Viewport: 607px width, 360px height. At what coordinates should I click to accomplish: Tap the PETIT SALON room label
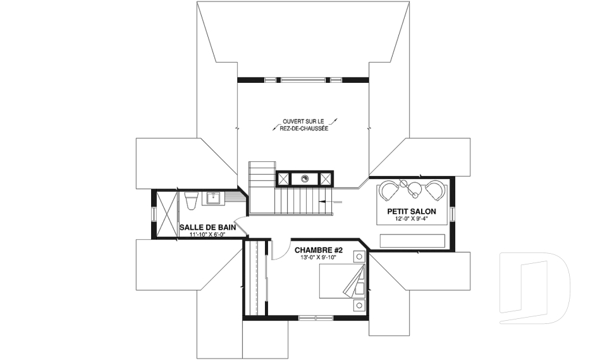pos(412,211)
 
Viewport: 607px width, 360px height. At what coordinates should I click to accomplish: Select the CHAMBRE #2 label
pos(319,251)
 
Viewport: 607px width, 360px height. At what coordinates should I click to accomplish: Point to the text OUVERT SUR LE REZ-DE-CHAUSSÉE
pos(304,125)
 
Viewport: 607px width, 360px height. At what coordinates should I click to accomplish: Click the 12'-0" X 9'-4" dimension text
pos(412,219)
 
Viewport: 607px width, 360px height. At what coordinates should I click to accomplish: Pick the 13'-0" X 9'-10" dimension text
pos(319,258)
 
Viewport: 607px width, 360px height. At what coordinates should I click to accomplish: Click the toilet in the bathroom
pos(192,201)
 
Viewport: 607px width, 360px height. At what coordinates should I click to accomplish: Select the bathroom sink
pos(214,198)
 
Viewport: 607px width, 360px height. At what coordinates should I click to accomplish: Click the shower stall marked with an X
pos(167,214)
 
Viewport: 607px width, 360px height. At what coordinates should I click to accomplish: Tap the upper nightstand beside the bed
pos(360,256)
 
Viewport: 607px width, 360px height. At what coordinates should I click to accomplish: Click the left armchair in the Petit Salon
pos(389,190)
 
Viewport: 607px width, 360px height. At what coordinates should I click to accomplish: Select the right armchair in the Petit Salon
pos(435,190)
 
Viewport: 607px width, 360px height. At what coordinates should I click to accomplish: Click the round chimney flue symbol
pos(305,178)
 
